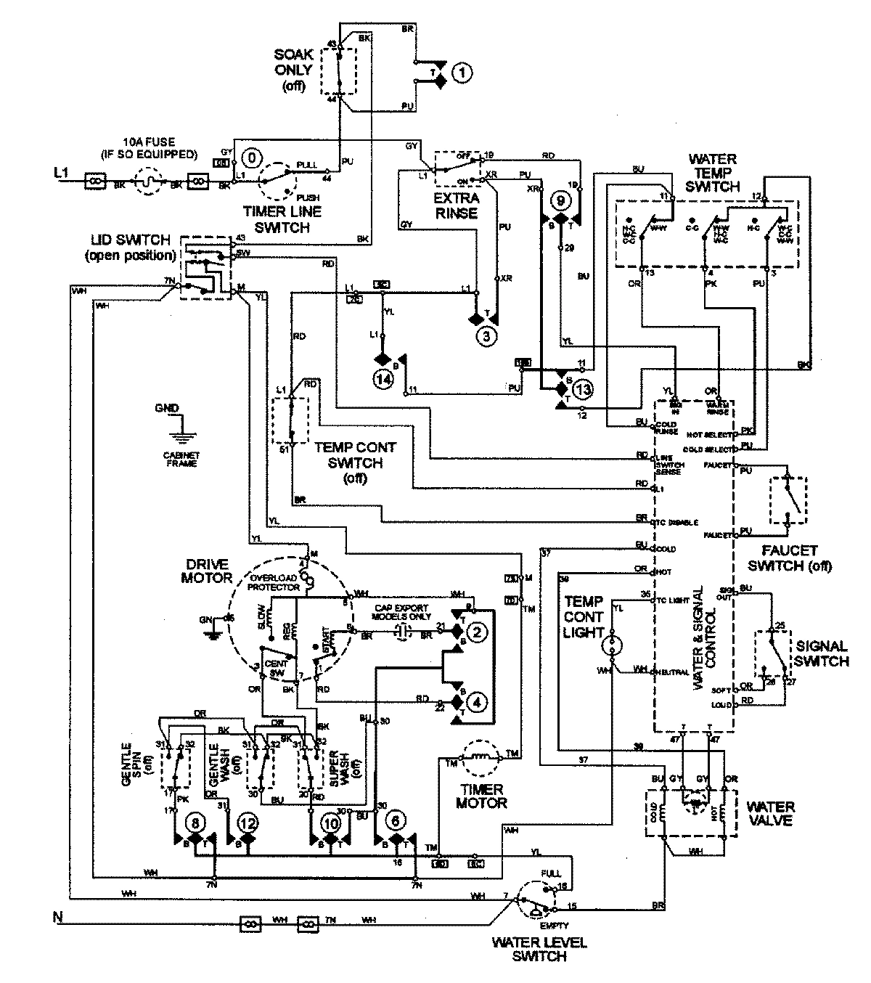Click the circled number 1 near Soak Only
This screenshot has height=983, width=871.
pos(462,72)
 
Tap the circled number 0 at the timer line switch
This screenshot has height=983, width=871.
pos(252,157)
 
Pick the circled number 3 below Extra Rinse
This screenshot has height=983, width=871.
pos(486,335)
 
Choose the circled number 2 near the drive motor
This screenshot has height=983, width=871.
pos(477,633)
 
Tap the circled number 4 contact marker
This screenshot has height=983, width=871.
pos(477,703)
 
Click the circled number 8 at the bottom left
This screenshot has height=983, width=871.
pos(195,823)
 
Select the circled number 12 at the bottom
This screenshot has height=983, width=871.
pos(248,823)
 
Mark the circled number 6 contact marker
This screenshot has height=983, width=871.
pos(396,823)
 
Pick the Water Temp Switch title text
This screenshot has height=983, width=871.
pos(711,172)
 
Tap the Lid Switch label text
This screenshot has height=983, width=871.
pos(130,247)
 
